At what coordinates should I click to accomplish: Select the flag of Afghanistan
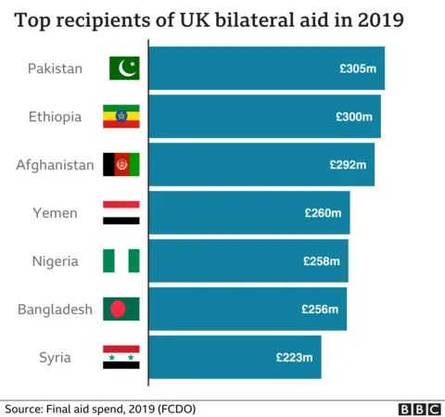click(x=121, y=165)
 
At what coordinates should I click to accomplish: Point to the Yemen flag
click(x=121, y=213)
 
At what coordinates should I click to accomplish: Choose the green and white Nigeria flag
click(x=121, y=261)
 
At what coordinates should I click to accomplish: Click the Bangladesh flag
click(x=121, y=310)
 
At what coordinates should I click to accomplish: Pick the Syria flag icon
click(x=121, y=358)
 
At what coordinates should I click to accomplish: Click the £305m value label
click(x=358, y=69)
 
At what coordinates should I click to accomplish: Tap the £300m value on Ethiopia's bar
click(x=354, y=117)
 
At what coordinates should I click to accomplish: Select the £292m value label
click(x=349, y=165)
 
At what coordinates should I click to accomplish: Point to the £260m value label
click(x=323, y=213)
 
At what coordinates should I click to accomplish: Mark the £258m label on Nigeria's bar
click(x=322, y=261)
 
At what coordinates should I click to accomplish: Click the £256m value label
click(x=320, y=310)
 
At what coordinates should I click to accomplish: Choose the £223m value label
click(x=295, y=358)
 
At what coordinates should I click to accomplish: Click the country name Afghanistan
click(x=55, y=165)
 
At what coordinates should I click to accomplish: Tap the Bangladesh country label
click(x=55, y=310)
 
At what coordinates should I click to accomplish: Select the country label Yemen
click(x=55, y=213)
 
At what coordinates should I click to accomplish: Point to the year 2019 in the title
click(x=380, y=20)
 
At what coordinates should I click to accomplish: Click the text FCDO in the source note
click(x=175, y=409)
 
